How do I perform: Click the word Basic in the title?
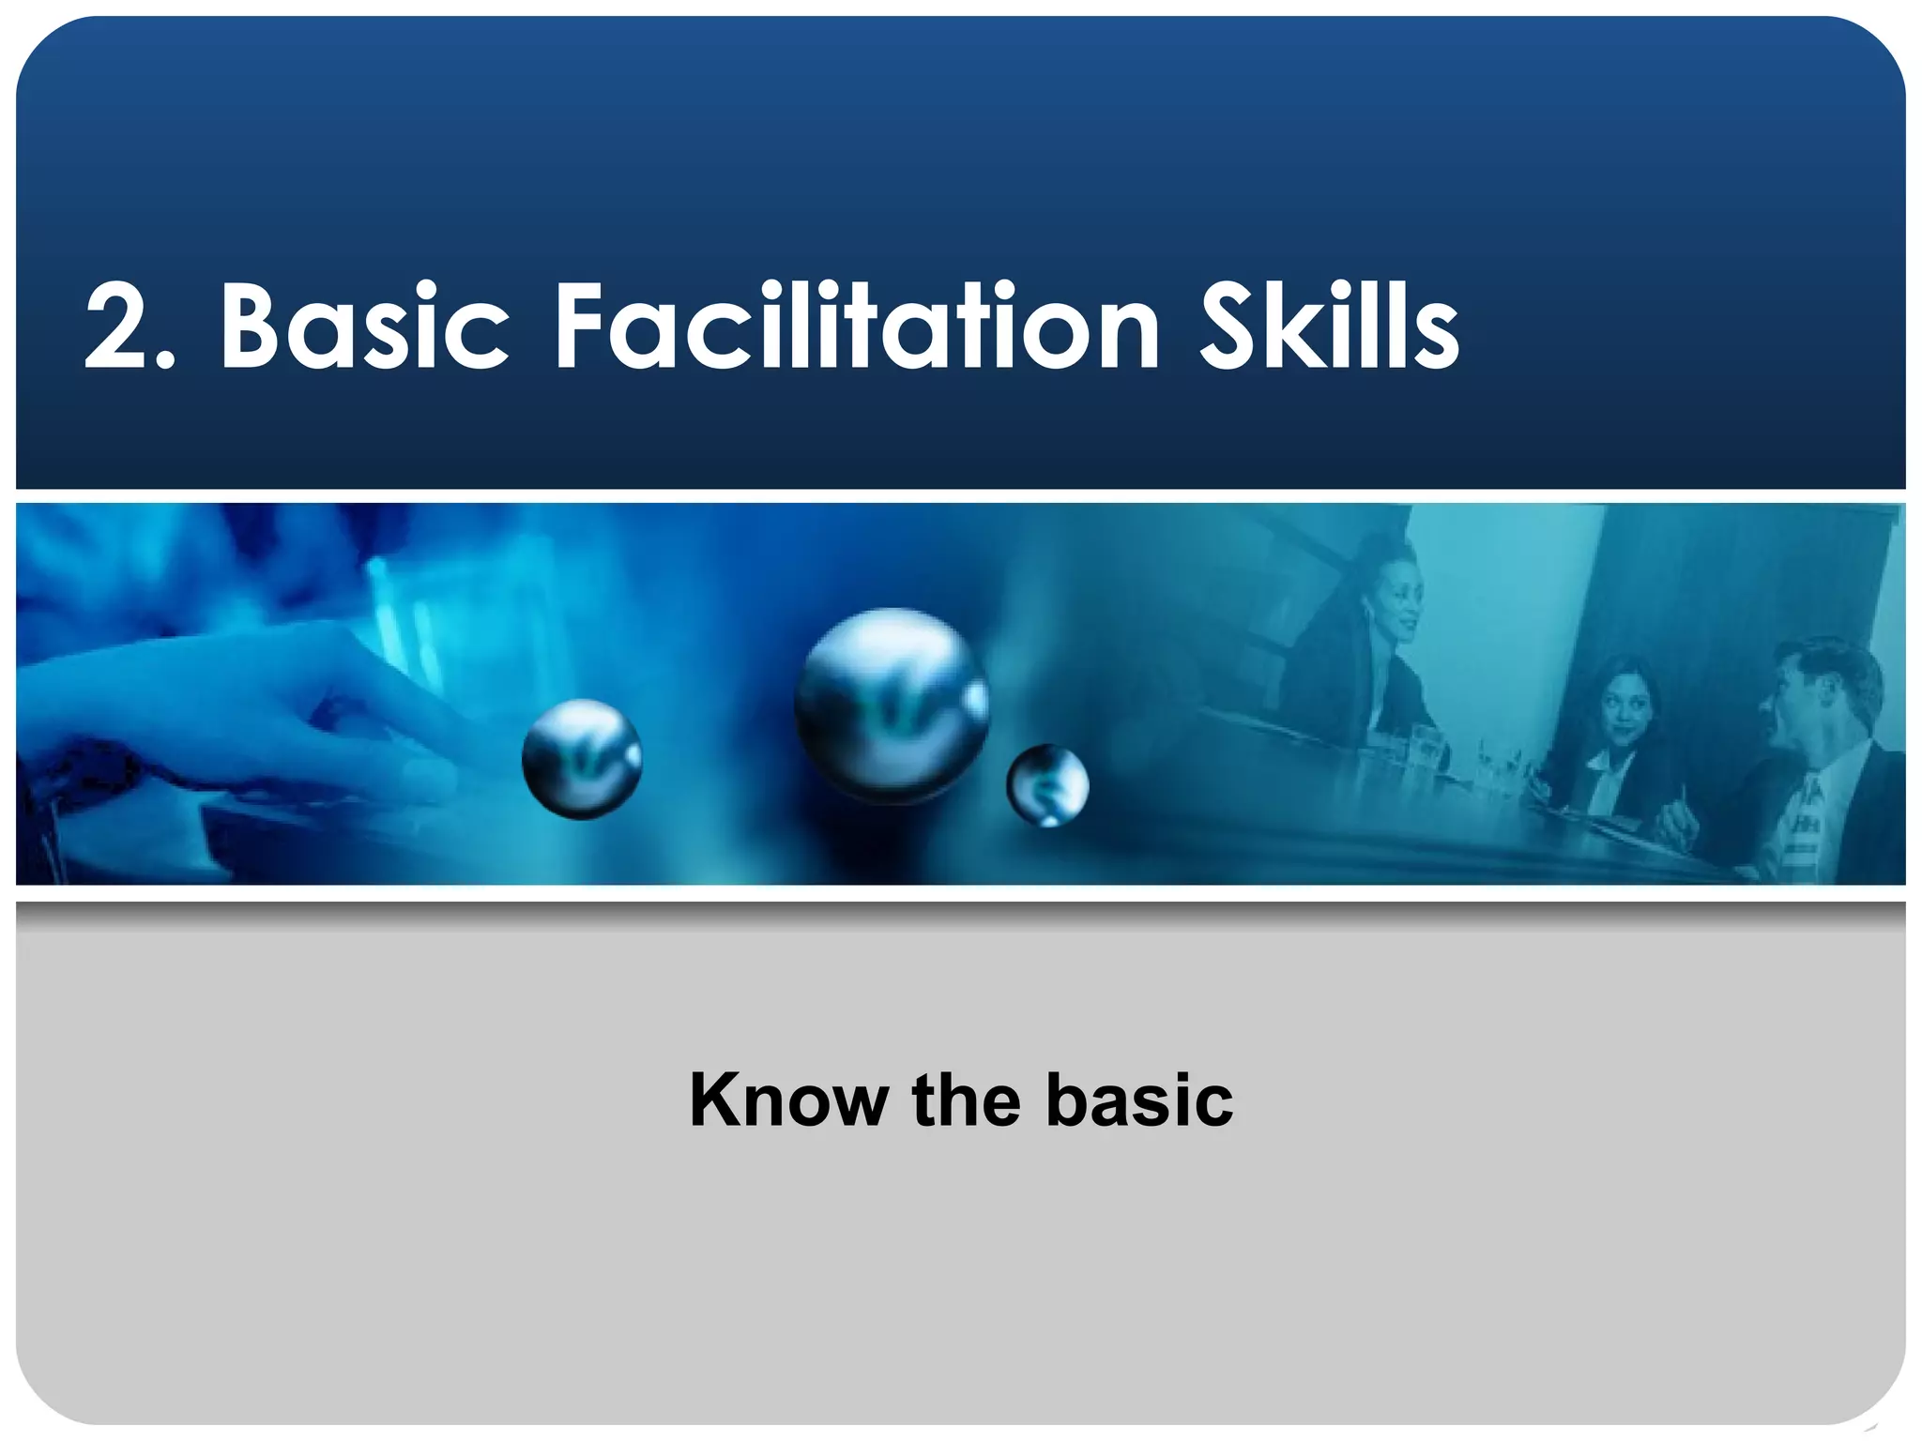(x=364, y=327)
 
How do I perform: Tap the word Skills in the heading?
(x=1329, y=327)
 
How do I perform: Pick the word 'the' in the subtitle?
(x=966, y=1100)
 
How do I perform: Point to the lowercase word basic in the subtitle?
(x=1139, y=1100)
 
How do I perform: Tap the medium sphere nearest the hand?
(x=582, y=759)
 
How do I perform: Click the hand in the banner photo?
(x=235, y=713)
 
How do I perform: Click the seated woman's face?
(x=1622, y=704)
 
